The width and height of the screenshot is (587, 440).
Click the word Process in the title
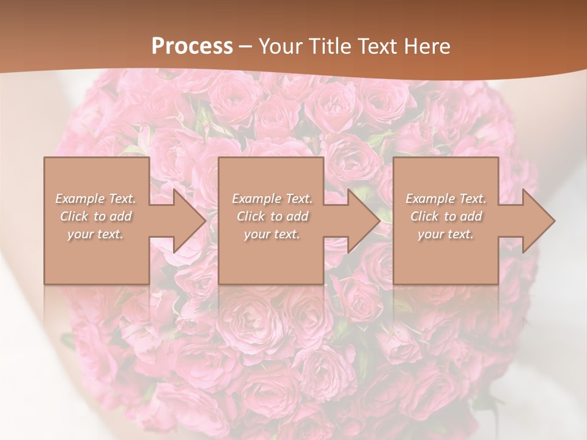[x=192, y=46]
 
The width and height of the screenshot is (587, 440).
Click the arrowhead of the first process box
[x=187, y=221]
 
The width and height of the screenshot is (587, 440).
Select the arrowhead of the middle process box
[x=361, y=221]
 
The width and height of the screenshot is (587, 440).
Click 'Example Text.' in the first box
[x=95, y=199]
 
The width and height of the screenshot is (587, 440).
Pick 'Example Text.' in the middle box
[x=272, y=199]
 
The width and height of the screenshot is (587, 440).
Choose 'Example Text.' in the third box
[x=446, y=199]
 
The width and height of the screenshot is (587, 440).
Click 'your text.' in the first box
[x=95, y=234]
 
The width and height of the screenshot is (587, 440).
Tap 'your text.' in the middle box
[x=272, y=234]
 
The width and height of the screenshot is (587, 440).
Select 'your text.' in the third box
[x=446, y=234]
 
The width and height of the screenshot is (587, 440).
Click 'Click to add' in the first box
[x=95, y=216]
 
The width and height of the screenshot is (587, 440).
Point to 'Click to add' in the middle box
[x=272, y=216]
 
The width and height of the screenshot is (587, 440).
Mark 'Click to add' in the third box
[x=446, y=216]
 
